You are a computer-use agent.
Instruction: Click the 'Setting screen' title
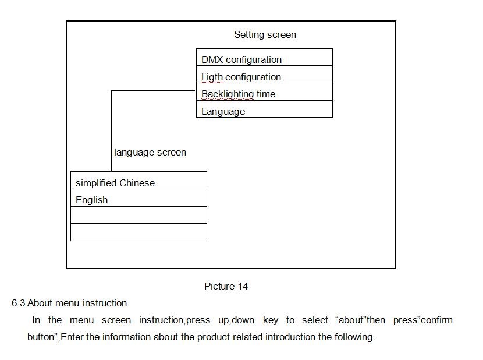pos(265,35)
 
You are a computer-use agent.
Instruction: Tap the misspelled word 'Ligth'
pos(212,77)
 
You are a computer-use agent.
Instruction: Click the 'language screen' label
pos(150,153)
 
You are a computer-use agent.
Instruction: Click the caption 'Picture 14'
pos(226,286)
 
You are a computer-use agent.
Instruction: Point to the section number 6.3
pos(18,303)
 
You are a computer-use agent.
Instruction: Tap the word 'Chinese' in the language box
pos(137,183)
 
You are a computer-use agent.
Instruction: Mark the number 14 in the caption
pos(243,286)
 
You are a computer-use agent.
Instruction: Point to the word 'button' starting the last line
pos(41,337)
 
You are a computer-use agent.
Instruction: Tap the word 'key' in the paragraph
pos(271,320)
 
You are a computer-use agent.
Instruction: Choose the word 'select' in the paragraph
pos(315,320)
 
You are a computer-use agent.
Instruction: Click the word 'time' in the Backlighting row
pos(266,94)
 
